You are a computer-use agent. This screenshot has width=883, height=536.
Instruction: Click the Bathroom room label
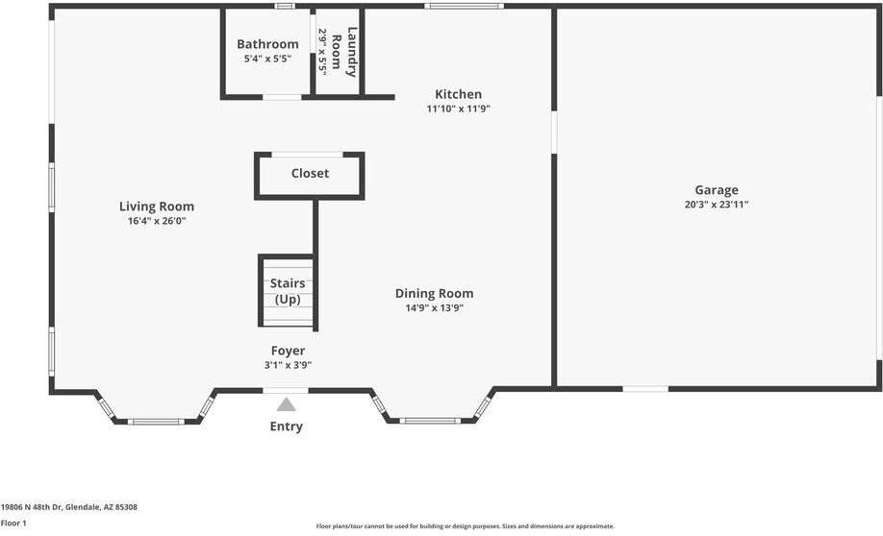pos(267,44)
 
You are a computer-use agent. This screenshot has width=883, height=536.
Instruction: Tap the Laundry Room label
pos(343,52)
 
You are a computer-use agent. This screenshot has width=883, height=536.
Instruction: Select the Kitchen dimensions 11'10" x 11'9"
pos(459,109)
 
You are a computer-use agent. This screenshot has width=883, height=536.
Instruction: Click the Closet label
pos(310,173)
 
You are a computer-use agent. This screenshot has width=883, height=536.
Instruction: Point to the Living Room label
pos(157,207)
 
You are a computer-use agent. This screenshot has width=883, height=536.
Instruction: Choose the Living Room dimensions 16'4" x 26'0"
pos(157,221)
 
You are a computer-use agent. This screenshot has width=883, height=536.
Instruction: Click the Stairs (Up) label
pos(288,291)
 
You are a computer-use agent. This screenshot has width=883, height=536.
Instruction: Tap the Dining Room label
pos(434,293)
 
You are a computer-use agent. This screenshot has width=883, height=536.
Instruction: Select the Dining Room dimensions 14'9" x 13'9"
pos(434,307)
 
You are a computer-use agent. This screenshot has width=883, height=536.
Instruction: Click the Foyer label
pos(288,351)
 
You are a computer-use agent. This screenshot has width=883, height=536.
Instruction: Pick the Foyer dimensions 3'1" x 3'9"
pos(288,365)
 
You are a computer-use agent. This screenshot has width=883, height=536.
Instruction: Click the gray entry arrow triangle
pos(286,405)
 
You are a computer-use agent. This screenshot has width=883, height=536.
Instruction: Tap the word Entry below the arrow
pos(286,426)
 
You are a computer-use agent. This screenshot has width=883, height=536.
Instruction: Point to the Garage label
pos(717,190)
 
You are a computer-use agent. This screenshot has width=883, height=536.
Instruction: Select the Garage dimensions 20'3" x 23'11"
pos(717,205)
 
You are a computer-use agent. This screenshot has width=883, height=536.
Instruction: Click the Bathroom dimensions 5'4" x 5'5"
pos(267,59)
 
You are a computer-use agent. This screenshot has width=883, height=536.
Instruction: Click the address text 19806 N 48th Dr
pos(32,507)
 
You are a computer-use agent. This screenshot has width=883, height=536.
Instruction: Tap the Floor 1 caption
pos(13,524)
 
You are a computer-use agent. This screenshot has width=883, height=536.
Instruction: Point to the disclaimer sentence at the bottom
pos(466,526)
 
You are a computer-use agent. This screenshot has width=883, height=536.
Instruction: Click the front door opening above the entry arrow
pos(286,390)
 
